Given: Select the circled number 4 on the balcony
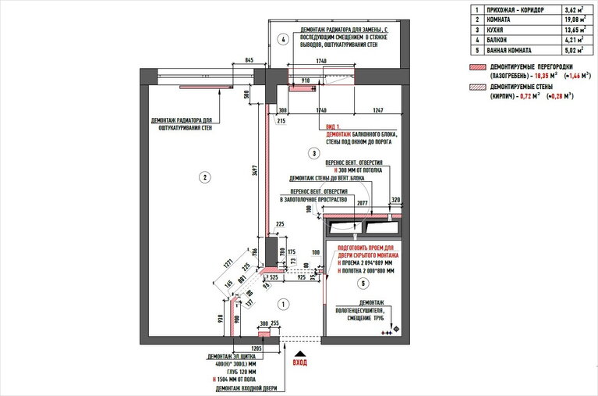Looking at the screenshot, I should tap(283, 38).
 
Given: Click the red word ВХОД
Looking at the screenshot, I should tap(299, 362).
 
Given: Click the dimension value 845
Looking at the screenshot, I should tap(249, 59).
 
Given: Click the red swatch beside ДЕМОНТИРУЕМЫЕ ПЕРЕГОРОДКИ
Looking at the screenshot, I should tap(475, 69).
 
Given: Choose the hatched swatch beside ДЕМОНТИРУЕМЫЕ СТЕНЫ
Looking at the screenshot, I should tap(475, 90).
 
